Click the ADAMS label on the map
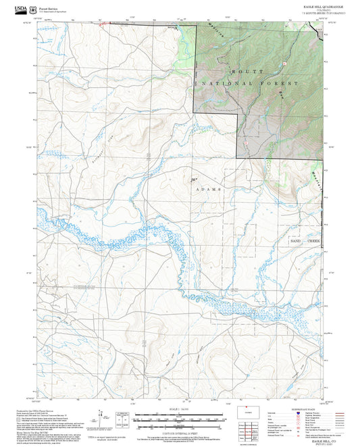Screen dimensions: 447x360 [208, 190]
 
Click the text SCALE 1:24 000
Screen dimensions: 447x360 [172, 409]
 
